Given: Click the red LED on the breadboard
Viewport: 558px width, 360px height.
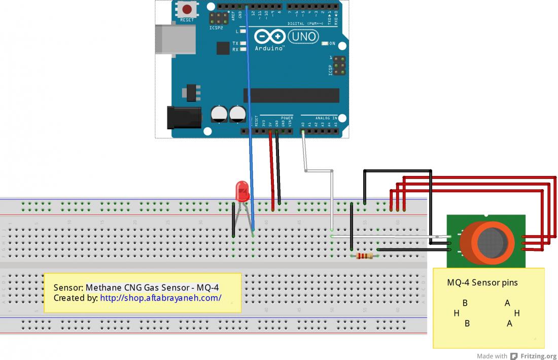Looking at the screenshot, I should pyautogui.click(x=242, y=192).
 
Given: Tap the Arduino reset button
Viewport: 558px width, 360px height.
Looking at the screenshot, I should pyautogui.click(x=187, y=10).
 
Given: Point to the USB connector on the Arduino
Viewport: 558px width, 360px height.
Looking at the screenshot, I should pyautogui.click(x=176, y=39).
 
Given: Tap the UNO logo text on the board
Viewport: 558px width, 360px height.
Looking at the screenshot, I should pyautogui.click(x=303, y=37).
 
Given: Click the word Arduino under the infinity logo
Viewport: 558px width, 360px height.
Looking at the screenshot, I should pyautogui.click(x=269, y=48).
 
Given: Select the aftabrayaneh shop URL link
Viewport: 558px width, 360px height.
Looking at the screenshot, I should pyautogui.click(x=160, y=298).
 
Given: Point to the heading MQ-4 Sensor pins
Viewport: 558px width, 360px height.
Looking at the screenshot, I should pyautogui.click(x=482, y=282).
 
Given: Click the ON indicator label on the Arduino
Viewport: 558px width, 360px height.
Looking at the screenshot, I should pyautogui.click(x=333, y=43).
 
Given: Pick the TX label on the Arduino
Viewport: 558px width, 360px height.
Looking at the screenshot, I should pyautogui.click(x=235, y=44).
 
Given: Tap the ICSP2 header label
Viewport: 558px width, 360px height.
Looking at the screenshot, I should pyautogui.click(x=216, y=28).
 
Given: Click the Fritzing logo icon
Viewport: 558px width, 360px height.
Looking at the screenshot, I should pyautogui.click(x=514, y=356).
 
